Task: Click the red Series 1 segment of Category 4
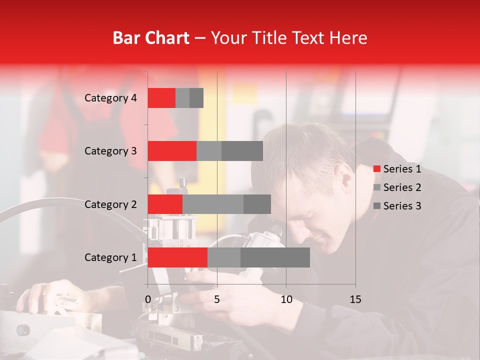click(161, 98)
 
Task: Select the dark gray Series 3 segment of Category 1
click(275, 257)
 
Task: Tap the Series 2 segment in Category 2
click(213, 204)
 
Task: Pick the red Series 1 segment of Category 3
click(172, 151)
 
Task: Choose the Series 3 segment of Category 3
click(242, 151)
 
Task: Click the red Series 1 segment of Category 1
click(177, 257)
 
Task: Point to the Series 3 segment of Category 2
click(257, 204)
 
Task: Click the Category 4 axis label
click(110, 98)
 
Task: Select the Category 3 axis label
click(110, 151)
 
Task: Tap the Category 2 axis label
click(110, 204)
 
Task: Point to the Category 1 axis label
click(110, 257)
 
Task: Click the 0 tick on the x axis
click(148, 299)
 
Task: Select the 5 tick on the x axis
click(217, 299)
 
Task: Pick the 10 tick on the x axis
click(286, 299)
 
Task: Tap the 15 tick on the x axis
click(355, 299)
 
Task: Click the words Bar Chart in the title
click(151, 38)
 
